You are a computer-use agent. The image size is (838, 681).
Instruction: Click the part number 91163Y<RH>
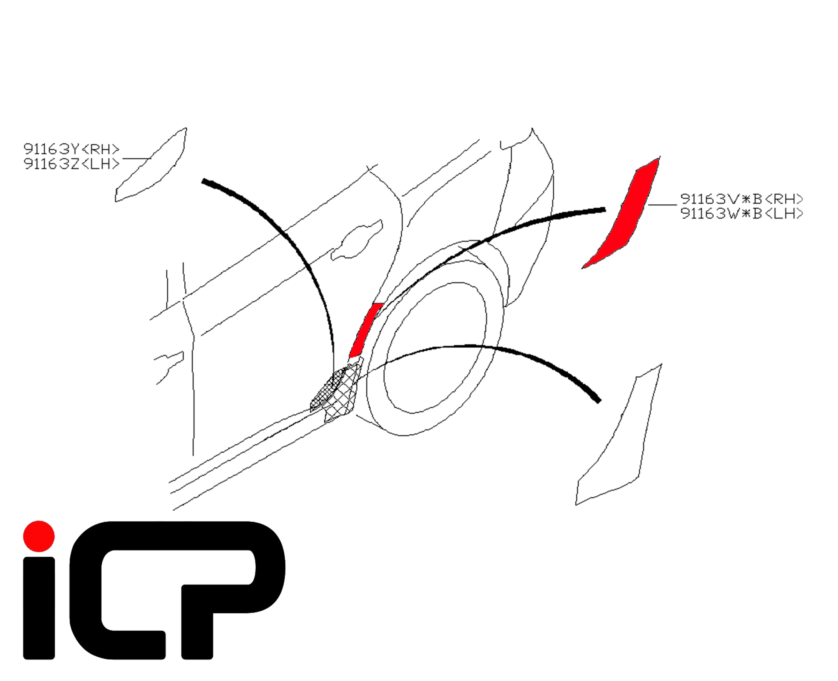[71, 149]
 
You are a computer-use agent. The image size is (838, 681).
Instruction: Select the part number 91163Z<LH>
[71, 164]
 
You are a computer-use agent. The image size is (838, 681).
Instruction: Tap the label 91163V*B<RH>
[741, 199]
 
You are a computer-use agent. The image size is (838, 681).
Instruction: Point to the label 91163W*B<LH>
[741, 213]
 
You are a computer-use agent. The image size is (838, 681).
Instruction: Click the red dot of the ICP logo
[39, 536]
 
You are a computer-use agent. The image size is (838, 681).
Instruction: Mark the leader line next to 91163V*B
[662, 205]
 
